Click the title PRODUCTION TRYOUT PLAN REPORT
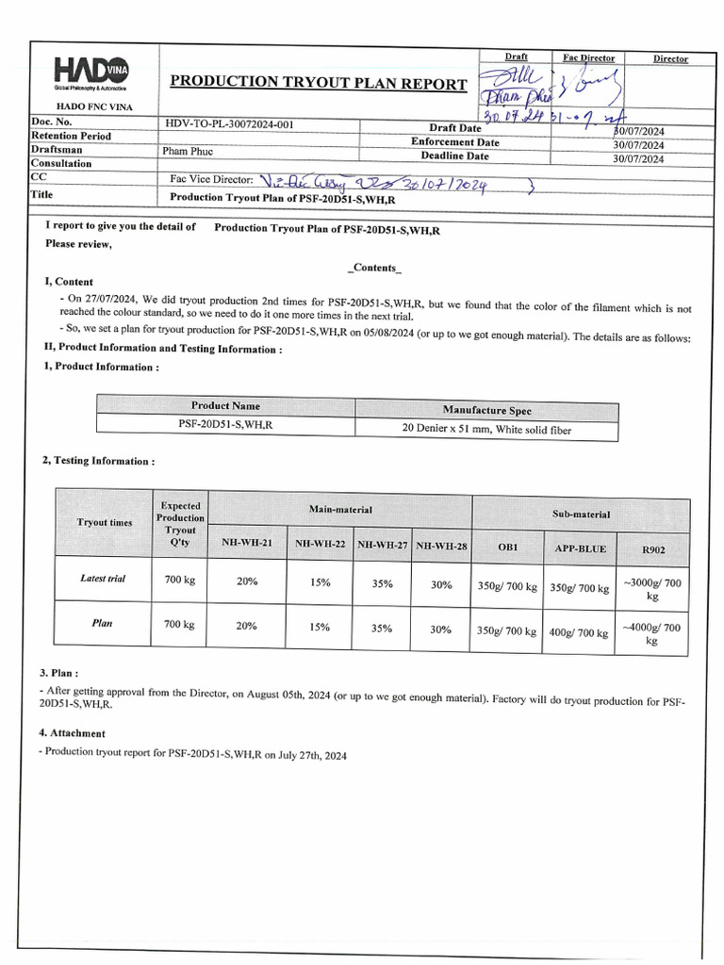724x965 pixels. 318,83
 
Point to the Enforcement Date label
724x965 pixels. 455,142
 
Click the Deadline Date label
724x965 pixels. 455,156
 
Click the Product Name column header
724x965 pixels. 225,406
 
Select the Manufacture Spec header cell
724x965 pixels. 486,410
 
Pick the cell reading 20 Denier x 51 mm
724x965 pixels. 486,430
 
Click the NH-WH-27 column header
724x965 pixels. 382,544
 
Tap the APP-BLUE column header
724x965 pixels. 580,548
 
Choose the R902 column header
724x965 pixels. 651,548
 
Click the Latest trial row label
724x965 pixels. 103,579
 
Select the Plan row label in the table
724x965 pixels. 103,624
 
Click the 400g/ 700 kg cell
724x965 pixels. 579,632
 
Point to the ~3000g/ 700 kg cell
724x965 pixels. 651,589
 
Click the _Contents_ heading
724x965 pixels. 374,268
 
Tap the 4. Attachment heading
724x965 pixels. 73,732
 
